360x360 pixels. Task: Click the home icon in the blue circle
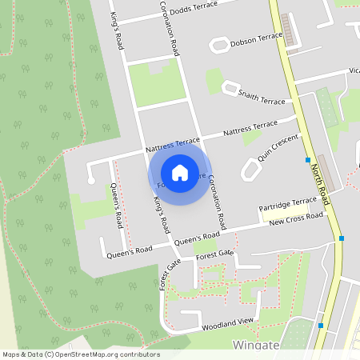(x=180, y=172)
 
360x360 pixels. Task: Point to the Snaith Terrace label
(x=261, y=97)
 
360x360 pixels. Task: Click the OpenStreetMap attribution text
(x=81, y=354)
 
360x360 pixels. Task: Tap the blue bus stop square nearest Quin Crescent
(x=308, y=160)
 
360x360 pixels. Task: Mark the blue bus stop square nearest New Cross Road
(x=342, y=238)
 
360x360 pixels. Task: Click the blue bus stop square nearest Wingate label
(x=321, y=325)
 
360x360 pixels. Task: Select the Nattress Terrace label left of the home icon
(x=173, y=144)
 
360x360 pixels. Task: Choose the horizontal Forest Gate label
(x=214, y=254)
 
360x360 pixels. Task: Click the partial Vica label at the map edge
(x=354, y=70)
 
